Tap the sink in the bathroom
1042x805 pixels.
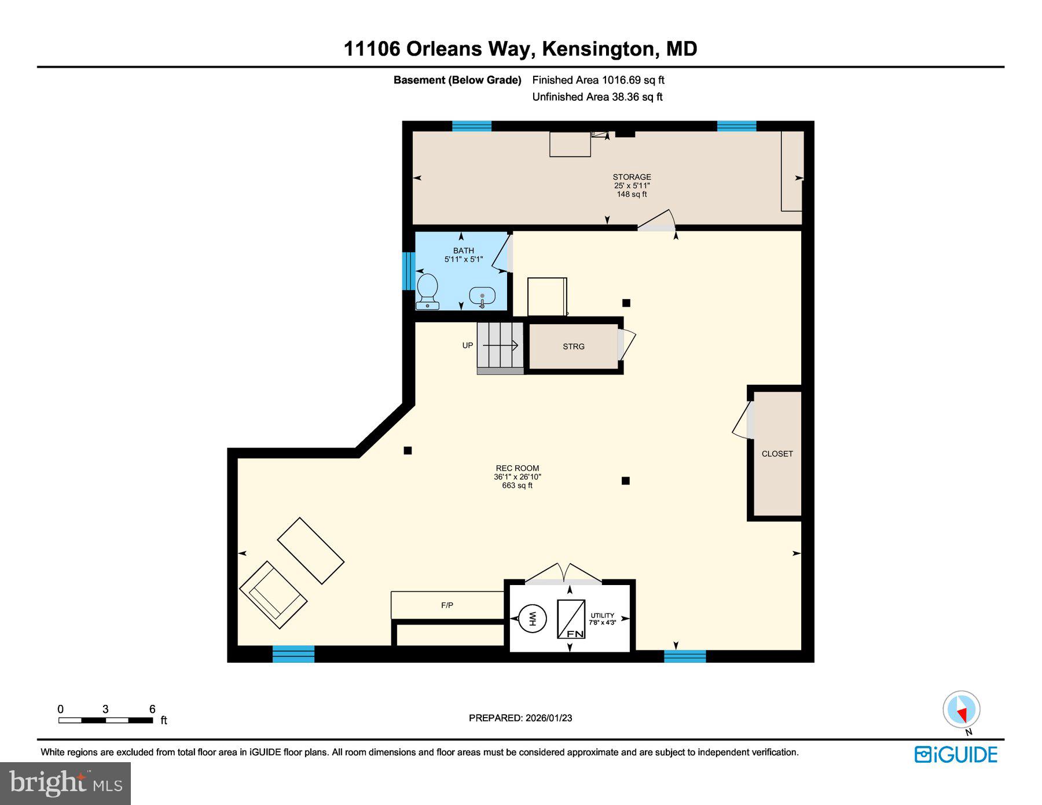(x=482, y=296)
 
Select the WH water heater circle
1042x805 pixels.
(x=531, y=619)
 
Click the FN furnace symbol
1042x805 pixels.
(x=571, y=619)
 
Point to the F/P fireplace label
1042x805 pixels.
(x=447, y=605)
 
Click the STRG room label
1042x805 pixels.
(x=574, y=347)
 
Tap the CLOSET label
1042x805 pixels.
(x=777, y=454)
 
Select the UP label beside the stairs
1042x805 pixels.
(x=468, y=345)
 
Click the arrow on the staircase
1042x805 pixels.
(x=501, y=345)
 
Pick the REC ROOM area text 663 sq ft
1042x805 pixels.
(x=517, y=486)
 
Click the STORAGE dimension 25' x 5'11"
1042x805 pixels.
(x=632, y=186)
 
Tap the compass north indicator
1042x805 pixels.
(x=962, y=710)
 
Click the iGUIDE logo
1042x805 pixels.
(x=956, y=755)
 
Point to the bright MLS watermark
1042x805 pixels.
(x=65, y=783)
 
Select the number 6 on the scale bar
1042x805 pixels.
(x=152, y=709)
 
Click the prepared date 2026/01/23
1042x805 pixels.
(x=549, y=718)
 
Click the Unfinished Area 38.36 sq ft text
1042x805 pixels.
(x=597, y=97)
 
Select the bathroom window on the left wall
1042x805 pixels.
(x=408, y=271)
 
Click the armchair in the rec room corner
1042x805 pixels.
(x=273, y=595)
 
